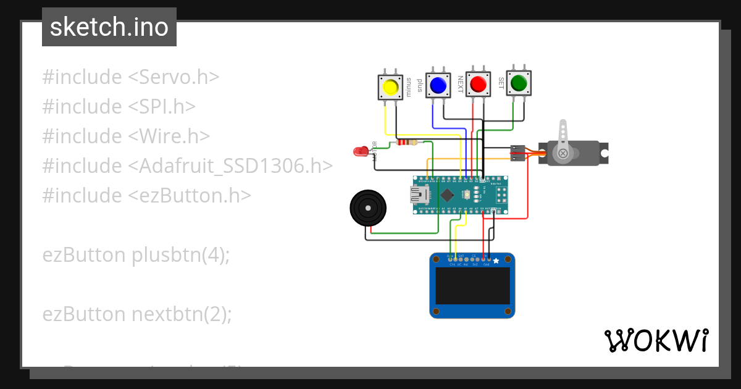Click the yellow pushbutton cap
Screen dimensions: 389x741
click(390, 87)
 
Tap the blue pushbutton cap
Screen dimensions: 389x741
click(438, 85)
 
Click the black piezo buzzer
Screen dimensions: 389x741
click(368, 208)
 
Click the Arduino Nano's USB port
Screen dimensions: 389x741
click(421, 196)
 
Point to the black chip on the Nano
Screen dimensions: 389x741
click(446, 196)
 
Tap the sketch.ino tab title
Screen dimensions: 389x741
click(109, 27)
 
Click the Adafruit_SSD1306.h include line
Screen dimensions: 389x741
click(188, 165)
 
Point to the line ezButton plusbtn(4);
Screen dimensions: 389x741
click(136, 254)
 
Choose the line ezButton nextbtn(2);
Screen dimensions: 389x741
click(137, 314)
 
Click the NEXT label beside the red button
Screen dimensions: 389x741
click(460, 84)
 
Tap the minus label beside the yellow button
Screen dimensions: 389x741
click(408, 88)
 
